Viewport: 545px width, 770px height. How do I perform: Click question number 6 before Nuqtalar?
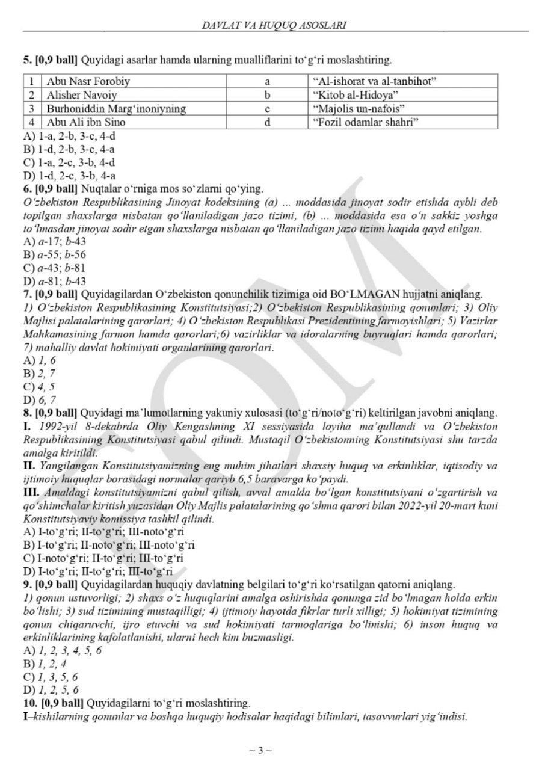point(27,188)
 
